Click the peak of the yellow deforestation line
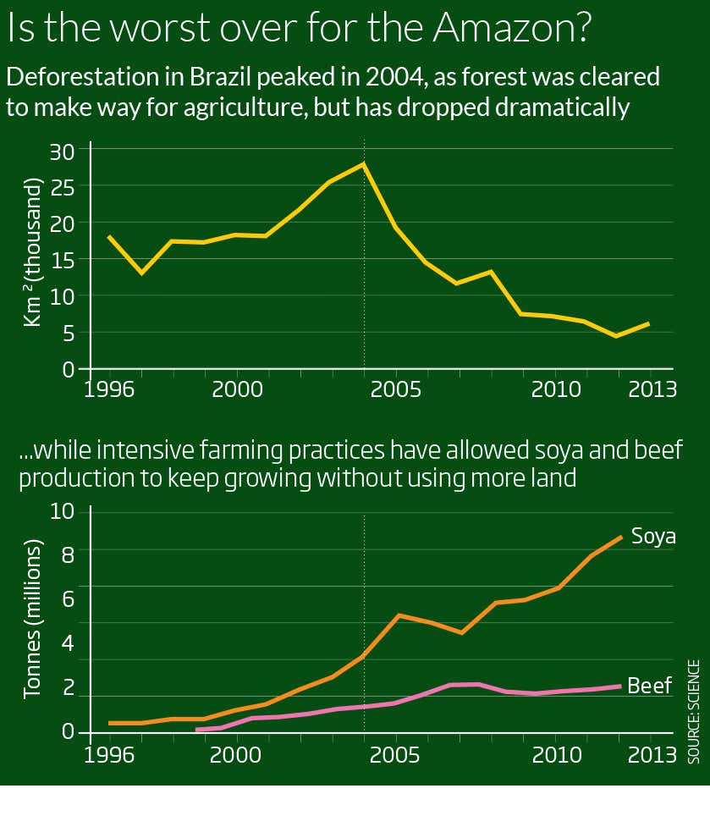point(364,163)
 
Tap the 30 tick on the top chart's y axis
point(65,150)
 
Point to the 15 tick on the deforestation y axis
point(65,260)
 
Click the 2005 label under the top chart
point(395,390)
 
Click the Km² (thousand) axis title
point(31,252)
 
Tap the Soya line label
point(654,537)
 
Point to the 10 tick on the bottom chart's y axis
point(63,512)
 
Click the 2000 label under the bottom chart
point(236,753)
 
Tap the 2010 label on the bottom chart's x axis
point(555,753)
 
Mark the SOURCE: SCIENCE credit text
point(694,711)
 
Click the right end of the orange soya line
point(622,537)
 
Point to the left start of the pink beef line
point(197,729)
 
